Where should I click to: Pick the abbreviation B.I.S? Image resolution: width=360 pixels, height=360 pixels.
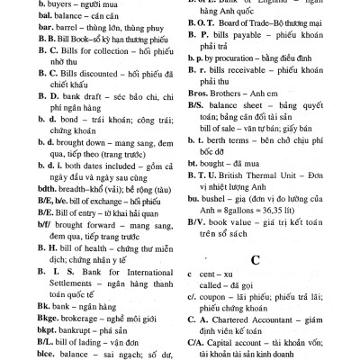[26, 267]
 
